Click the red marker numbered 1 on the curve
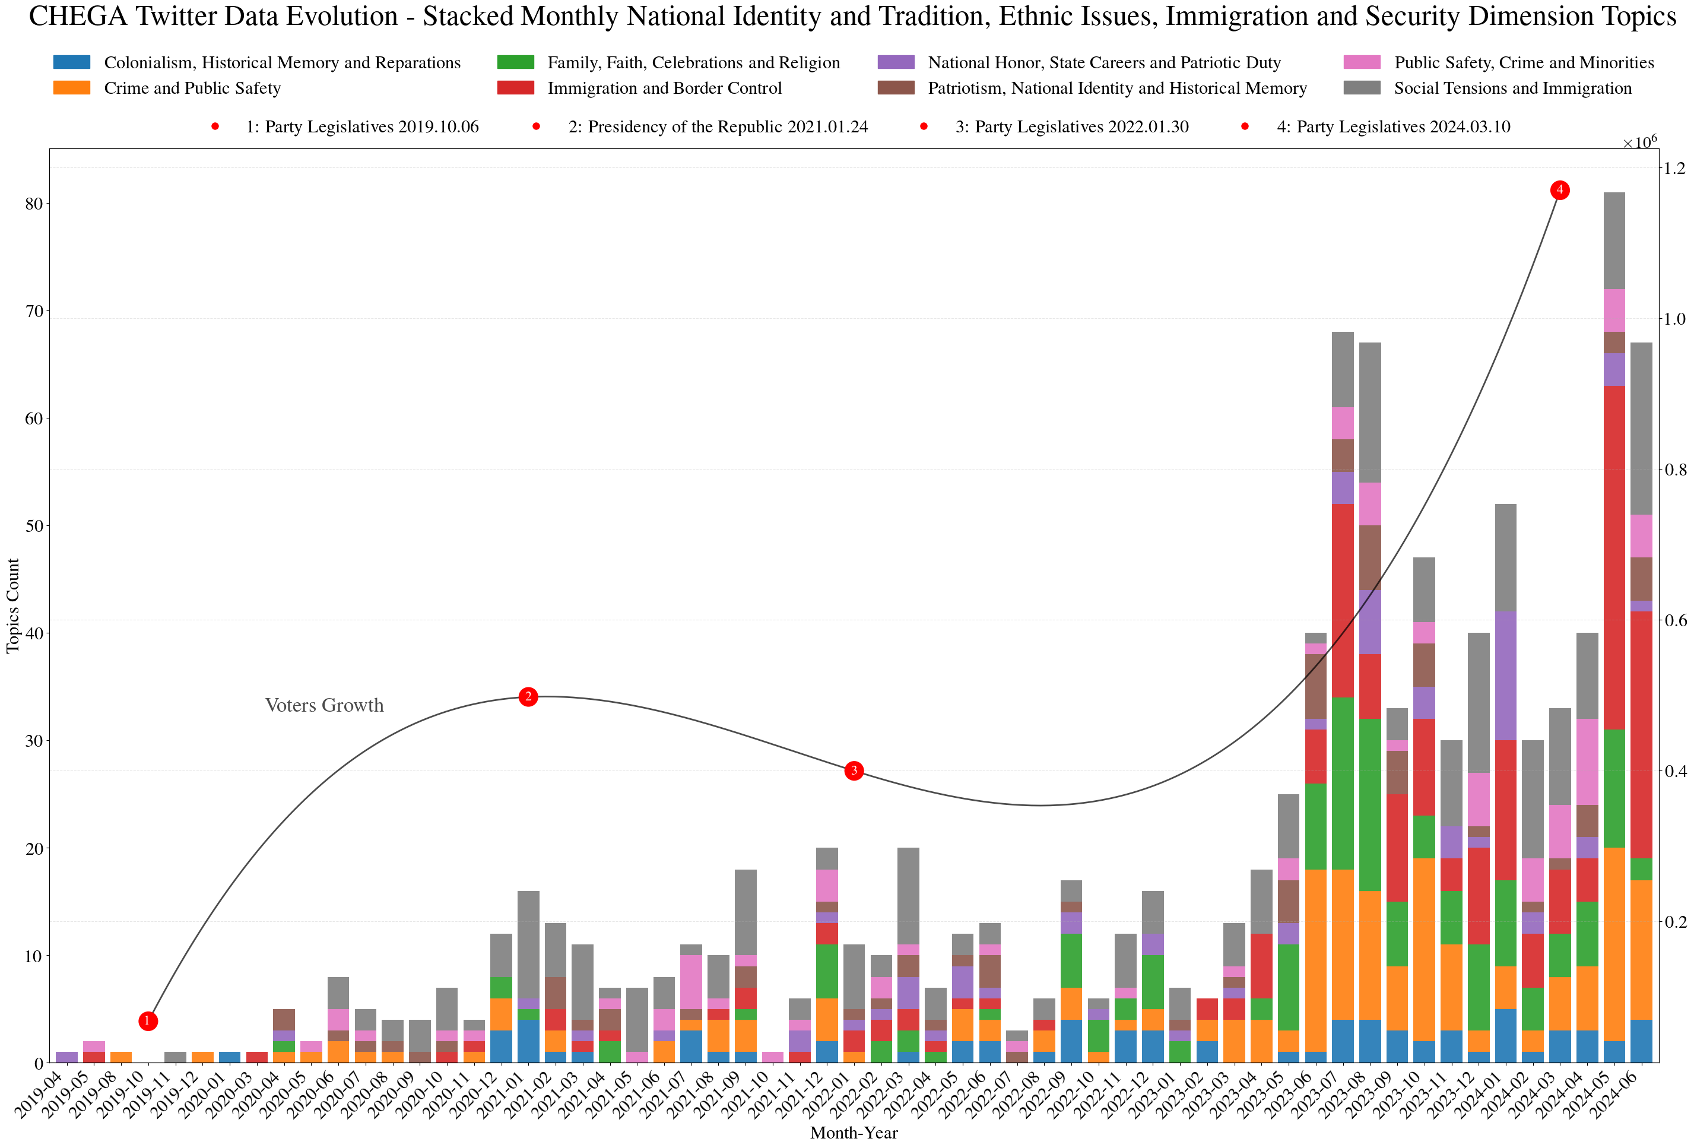(148, 1020)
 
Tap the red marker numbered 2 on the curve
(528, 697)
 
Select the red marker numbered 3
(854, 770)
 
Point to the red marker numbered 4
(1560, 190)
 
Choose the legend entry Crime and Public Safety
(192, 88)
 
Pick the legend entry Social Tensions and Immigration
(1512, 88)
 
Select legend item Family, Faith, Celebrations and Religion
(693, 63)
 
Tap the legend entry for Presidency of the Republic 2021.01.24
(718, 127)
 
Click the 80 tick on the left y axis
(33, 204)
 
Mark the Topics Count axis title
(13, 605)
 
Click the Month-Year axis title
(854, 1133)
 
